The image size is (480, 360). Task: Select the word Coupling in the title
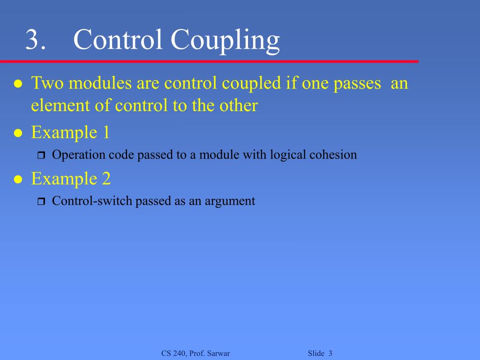[225, 41]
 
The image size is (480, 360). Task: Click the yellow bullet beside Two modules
[18, 84]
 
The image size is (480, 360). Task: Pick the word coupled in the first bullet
[251, 84]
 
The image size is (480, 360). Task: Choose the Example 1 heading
[70, 133]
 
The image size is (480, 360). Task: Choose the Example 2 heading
[71, 179]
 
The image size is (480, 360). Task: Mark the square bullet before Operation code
[40, 156]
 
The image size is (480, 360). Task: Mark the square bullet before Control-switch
[40, 202]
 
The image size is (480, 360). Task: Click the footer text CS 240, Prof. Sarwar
[195, 353]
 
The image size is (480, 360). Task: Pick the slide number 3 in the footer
[330, 353]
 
